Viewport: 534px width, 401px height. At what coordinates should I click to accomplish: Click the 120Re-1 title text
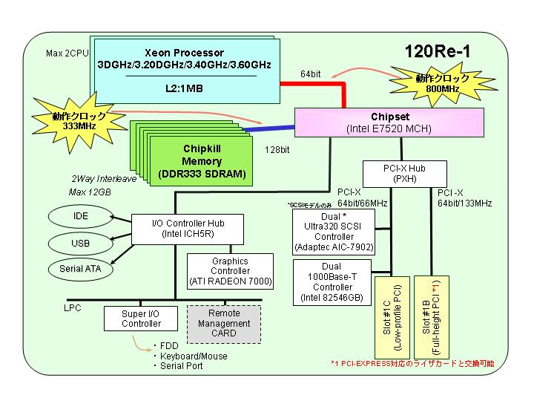pos(438,51)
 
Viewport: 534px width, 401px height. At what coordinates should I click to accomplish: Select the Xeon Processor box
pos(187,71)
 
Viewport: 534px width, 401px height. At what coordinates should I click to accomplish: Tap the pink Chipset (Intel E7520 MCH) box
pos(389,123)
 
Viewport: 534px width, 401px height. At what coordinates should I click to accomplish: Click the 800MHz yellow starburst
pos(443,84)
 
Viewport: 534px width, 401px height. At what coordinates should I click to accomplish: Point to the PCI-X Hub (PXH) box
pos(405,174)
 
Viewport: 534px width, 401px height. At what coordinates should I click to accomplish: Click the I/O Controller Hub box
pos(188,229)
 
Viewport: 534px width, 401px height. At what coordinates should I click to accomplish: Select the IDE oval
pos(80,216)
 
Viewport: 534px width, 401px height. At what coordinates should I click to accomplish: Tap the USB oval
pos(80,244)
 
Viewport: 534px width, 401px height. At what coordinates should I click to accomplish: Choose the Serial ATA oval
pos(80,269)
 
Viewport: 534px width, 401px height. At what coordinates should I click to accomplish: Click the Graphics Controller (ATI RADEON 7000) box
pos(230,272)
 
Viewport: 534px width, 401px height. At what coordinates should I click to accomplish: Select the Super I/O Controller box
pos(141,319)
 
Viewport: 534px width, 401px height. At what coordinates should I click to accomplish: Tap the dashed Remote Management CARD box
pos(224,324)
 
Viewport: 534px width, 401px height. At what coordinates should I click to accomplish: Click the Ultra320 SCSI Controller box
pos(334,232)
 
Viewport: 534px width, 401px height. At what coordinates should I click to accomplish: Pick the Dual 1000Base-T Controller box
pos(332,282)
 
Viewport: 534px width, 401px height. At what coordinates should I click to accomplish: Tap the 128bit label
pos(277,150)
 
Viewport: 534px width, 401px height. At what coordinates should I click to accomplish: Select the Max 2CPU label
pos(67,53)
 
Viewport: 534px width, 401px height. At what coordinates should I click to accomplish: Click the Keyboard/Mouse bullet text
pos(194,356)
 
